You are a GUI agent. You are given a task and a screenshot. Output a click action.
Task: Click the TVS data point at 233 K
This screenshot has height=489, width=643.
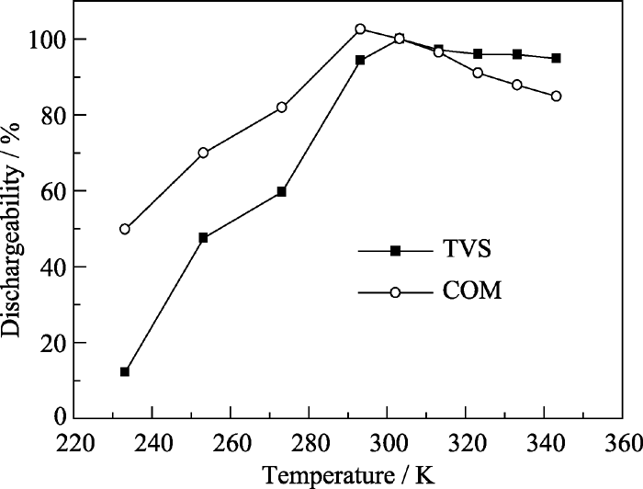(x=125, y=371)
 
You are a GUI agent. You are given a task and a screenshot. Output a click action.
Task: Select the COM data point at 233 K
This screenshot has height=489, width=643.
(x=125, y=229)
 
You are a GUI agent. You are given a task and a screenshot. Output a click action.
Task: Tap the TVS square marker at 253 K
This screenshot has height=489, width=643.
(x=203, y=237)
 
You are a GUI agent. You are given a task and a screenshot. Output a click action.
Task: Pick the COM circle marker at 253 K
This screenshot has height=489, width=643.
(x=203, y=153)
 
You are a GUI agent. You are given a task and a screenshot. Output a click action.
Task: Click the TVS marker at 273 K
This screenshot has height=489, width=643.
(x=281, y=191)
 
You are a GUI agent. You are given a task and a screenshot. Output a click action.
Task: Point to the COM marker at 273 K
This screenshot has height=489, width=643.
(x=281, y=108)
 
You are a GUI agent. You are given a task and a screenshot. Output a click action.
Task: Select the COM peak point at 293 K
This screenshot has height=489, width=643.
(x=360, y=29)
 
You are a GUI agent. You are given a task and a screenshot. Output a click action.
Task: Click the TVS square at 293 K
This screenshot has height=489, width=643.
(x=360, y=60)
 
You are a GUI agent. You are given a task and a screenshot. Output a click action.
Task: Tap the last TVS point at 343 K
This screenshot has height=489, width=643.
(x=556, y=58)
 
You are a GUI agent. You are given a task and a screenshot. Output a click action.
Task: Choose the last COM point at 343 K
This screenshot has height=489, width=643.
(x=556, y=96)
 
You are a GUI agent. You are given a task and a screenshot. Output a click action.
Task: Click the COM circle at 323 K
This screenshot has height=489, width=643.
(x=478, y=73)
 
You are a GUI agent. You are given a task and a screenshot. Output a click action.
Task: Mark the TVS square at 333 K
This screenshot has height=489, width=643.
(x=517, y=54)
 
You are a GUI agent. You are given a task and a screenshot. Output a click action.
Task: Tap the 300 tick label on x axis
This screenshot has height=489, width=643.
(x=387, y=444)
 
